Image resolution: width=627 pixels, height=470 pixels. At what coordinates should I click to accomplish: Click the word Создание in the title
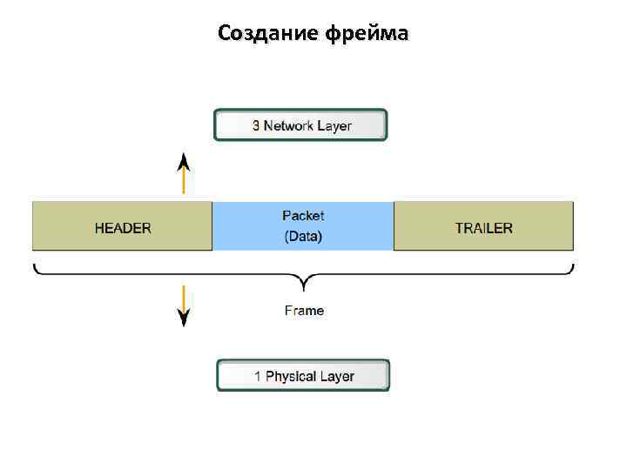267,33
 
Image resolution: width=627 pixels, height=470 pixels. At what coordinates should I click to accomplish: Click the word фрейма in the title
366,34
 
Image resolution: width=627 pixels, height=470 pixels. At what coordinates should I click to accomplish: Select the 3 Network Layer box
300,125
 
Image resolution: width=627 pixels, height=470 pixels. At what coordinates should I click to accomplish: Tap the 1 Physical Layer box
303,376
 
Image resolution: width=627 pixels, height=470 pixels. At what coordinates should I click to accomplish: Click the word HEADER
123,228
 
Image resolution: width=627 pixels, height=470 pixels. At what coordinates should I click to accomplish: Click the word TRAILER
484,228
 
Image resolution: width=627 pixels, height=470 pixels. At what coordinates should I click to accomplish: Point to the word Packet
303,215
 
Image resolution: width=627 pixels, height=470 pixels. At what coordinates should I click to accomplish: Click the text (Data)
303,237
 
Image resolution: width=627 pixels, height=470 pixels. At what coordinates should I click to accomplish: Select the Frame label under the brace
304,310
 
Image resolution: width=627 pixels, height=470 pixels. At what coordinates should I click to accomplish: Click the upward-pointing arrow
184,173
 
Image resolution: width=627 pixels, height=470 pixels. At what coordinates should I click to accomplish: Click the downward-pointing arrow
184,304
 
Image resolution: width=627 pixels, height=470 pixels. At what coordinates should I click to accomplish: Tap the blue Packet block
303,226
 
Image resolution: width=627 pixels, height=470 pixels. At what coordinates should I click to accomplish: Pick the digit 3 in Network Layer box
256,125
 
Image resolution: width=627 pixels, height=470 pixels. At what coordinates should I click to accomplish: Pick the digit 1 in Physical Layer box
258,377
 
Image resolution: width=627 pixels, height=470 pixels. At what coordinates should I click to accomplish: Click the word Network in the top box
288,125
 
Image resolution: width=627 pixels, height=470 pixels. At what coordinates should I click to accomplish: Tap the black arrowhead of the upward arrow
184,160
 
